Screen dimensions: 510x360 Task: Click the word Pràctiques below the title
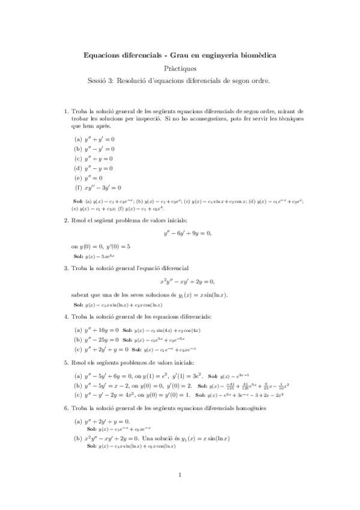tap(180, 69)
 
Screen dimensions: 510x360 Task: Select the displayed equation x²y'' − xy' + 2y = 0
tap(187, 281)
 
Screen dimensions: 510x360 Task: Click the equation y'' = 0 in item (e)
tap(93, 177)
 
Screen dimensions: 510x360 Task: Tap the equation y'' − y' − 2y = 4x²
tap(111, 395)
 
